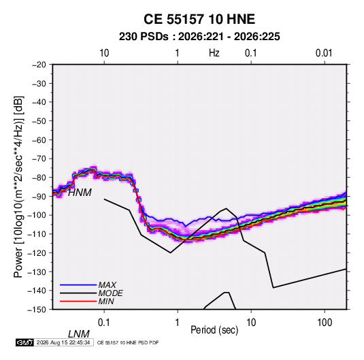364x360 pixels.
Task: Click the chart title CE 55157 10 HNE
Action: point(199,19)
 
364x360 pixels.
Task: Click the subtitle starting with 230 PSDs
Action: point(199,37)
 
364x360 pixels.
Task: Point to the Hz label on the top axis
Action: point(214,53)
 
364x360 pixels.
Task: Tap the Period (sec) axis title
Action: point(214,330)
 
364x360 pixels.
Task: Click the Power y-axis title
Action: point(18,187)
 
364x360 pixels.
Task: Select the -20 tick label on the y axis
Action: point(39,65)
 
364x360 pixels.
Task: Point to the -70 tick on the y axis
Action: point(39,159)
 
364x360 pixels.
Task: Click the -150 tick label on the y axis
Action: point(37,310)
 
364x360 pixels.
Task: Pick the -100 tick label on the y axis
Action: point(37,215)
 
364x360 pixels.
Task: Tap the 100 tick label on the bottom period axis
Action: point(325,323)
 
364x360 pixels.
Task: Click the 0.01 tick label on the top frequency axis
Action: point(324,53)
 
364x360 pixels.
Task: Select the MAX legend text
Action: point(107,285)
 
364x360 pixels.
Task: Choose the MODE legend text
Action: point(110,293)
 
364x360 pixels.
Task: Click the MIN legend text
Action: point(106,301)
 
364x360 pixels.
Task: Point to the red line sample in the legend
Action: point(78,301)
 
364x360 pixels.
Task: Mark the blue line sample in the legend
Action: point(78,285)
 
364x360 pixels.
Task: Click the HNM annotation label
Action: point(80,193)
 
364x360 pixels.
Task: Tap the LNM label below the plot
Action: point(79,334)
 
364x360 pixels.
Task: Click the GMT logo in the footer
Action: point(25,342)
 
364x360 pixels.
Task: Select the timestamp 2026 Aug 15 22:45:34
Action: point(63,342)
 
